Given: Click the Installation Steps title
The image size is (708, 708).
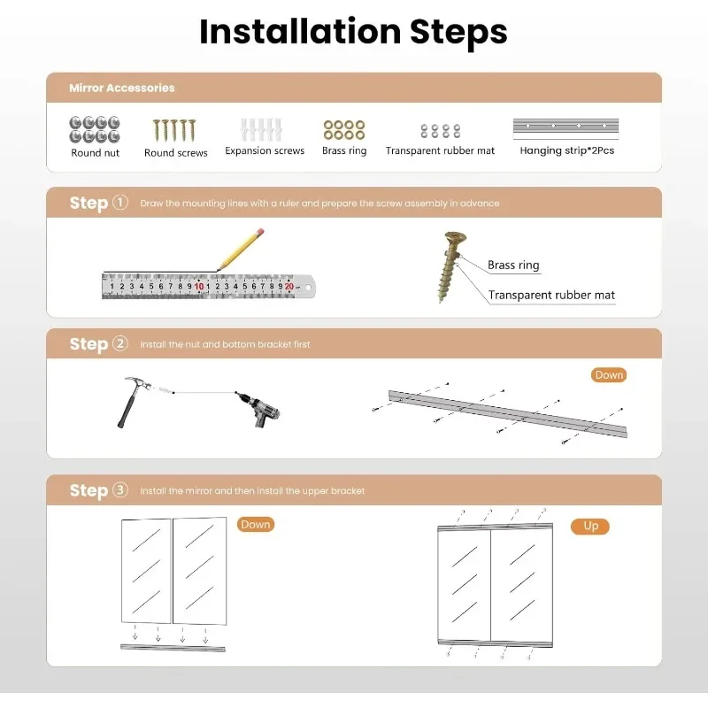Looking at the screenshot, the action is [353, 32].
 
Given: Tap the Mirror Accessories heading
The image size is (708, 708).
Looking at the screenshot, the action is [122, 88].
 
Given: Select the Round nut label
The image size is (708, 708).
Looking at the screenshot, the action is [96, 153].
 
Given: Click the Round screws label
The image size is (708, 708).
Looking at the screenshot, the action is [175, 153].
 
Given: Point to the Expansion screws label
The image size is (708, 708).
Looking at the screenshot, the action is [265, 150].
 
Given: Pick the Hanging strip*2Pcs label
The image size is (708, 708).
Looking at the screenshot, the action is [567, 150].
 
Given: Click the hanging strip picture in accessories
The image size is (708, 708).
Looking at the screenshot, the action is [566, 127].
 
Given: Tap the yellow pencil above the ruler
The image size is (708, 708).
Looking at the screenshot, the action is [240, 250].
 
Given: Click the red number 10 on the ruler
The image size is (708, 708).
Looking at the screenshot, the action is [199, 286].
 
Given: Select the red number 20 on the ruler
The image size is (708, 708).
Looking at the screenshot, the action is [289, 286].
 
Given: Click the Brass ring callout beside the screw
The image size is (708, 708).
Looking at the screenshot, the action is [513, 265].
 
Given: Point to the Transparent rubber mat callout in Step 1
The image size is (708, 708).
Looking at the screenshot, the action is [551, 295].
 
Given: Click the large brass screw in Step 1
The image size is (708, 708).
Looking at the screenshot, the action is [451, 267].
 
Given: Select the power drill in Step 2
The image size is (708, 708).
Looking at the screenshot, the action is [258, 409].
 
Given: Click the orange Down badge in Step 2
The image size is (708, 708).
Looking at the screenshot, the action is [609, 374].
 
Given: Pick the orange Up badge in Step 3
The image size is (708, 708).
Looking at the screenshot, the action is [590, 526].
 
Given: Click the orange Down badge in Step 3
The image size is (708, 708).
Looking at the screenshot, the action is [256, 524].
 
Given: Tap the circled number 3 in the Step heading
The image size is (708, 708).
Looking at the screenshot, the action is [120, 490].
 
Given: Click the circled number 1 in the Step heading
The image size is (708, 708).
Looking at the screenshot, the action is [120, 203].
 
